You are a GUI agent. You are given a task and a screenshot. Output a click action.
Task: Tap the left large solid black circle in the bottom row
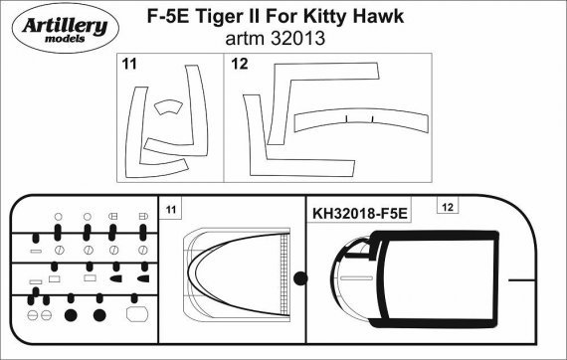click(71, 317)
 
